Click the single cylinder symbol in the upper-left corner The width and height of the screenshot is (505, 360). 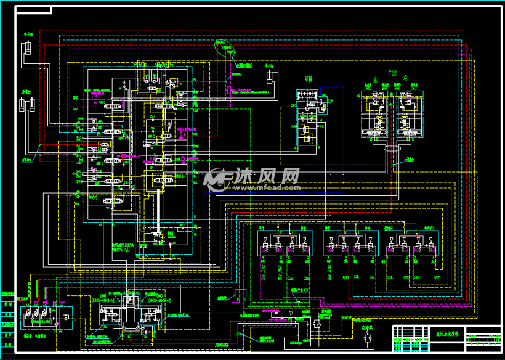tap(28, 49)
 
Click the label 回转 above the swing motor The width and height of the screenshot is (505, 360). tap(309, 79)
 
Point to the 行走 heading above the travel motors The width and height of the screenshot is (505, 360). tap(392, 72)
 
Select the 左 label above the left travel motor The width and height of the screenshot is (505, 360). tap(374, 81)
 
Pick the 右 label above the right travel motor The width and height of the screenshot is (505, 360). tap(406, 81)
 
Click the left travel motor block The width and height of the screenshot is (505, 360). tap(376, 115)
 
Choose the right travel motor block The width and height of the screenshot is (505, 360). tap(406, 115)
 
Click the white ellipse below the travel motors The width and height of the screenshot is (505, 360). tap(392, 149)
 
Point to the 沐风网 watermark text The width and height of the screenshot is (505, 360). tap(265, 176)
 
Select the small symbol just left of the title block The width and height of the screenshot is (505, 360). tap(367, 336)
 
